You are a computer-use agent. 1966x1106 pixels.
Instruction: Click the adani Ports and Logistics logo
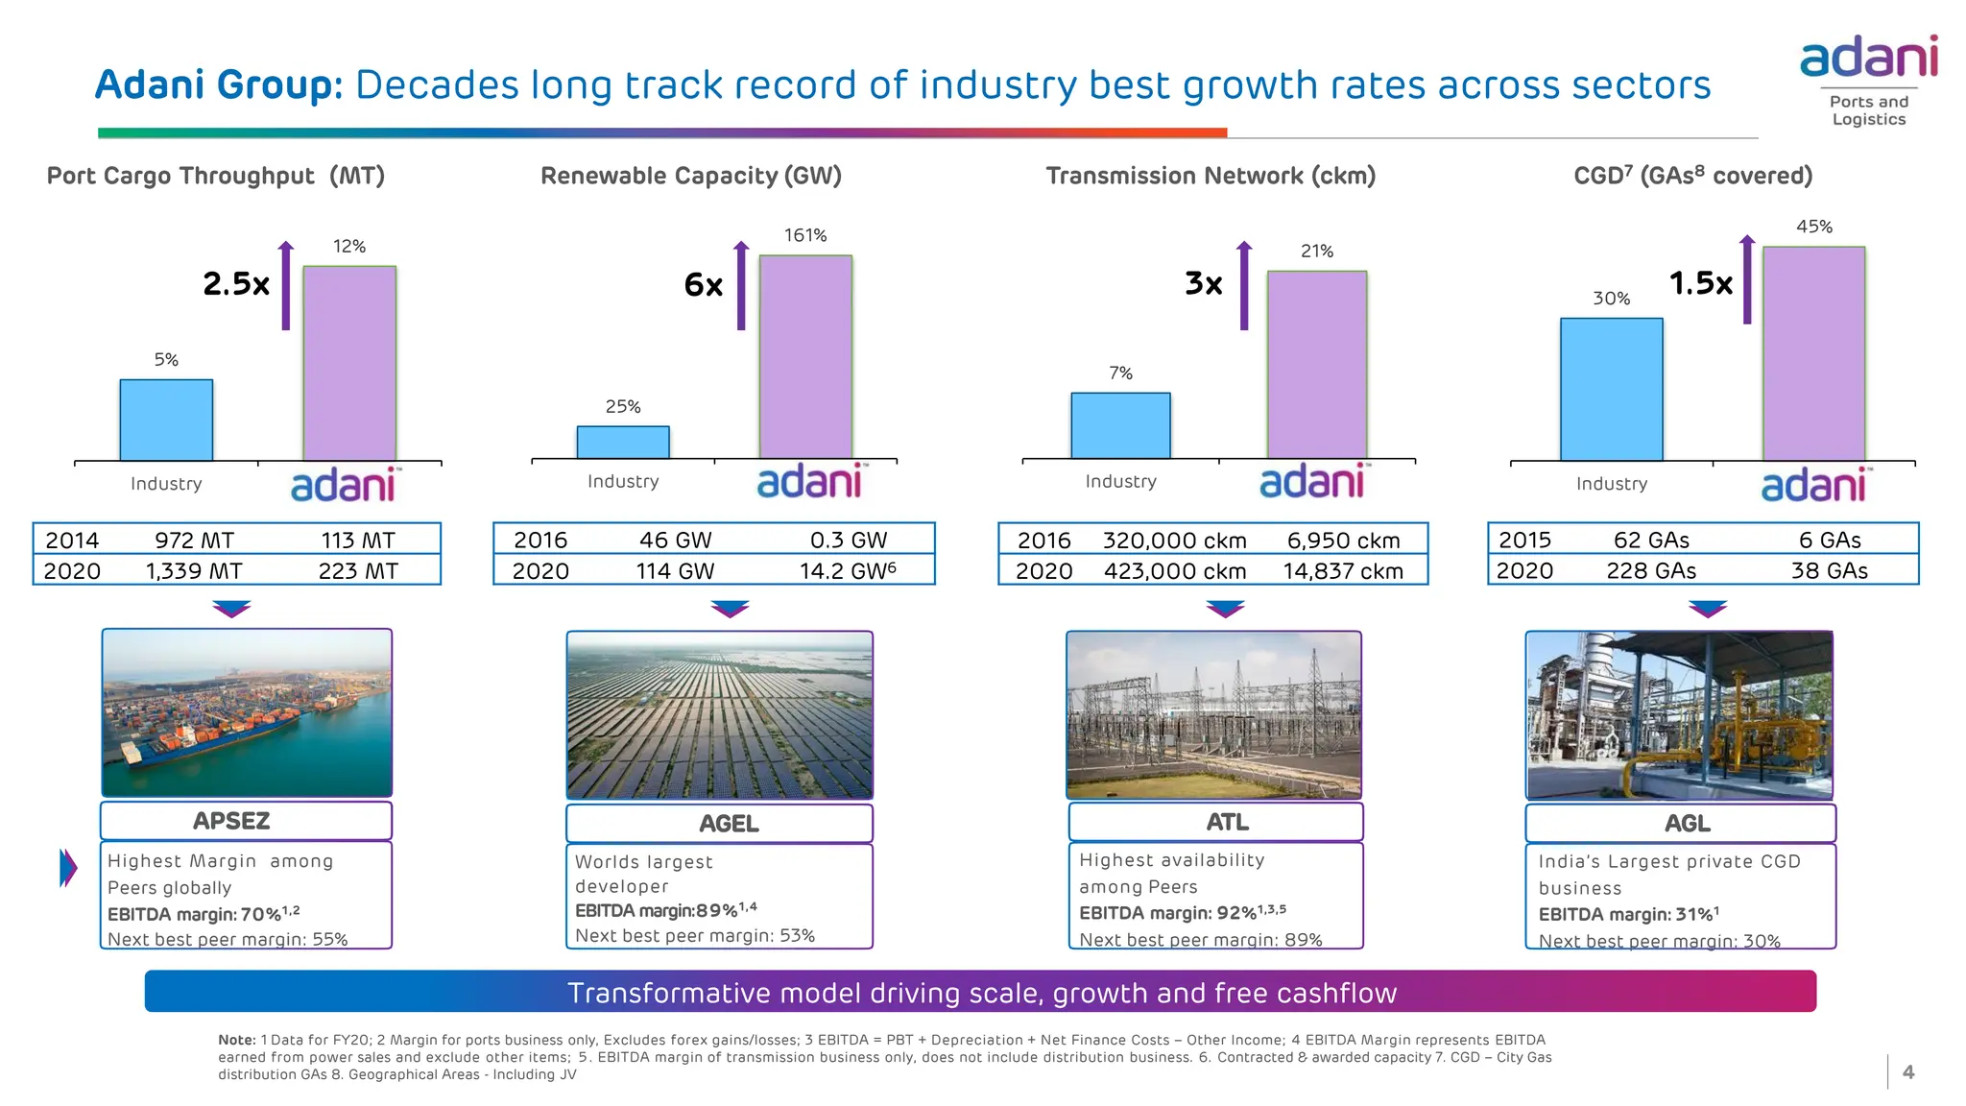[x=1868, y=82]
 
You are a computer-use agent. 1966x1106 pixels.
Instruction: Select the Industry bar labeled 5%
[x=166, y=421]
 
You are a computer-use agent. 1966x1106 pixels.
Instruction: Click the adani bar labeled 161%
[x=805, y=357]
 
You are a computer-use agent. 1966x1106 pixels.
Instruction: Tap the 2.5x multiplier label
[x=236, y=284]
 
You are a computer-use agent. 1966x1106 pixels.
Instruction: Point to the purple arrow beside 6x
[x=741, y=285]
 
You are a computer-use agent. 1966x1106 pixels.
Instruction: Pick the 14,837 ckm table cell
[x=1343, y=571]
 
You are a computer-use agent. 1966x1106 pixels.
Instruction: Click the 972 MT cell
[x=194, y=541]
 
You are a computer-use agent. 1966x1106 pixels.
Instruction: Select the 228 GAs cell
[x=1651, y=571]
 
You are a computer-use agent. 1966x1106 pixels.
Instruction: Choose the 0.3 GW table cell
[x=849, y=541]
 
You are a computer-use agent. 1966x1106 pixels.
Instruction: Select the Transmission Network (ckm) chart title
[x=1211, y=176]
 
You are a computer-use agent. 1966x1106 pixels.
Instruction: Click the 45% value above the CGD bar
[x=1814, y=227]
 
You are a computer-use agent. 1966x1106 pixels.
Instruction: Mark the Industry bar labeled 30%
[x=1612, y=390]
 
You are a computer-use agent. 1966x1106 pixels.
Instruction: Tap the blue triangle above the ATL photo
[x=1225, y=609]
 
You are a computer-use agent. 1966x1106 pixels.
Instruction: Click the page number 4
[x=1908, y=1072]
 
